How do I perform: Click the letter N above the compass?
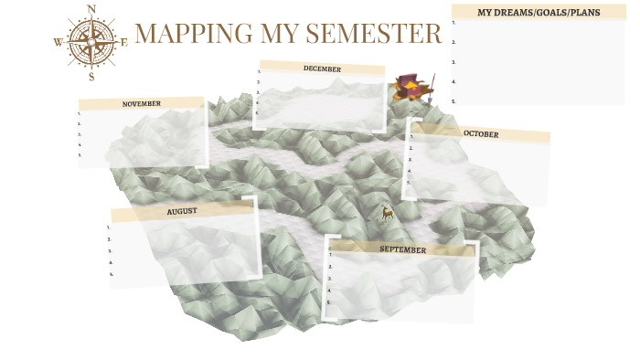pyautogui.click(x=91, y=10)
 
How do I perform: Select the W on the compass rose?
pyautogui.click(x=59, y=42)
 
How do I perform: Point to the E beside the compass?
pyautogui.click(x=123, y=42)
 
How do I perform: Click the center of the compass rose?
pyautogui.click(x=91, y=42)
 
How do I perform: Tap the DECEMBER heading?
pyautogui.click(x=322, y=69)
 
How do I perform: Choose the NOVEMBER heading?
pyautogui.click(x=142, y=104)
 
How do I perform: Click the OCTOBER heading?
pyautogui.click(x=481, y=134)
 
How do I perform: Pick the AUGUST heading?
pyautogui.click(x=182, y=211)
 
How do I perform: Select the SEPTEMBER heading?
pyautogui.click(x=402, y=249)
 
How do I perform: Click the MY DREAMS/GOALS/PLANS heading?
pyautogui.click(x=538, y=13)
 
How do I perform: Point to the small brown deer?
pyautogui.click(x=388, y=213)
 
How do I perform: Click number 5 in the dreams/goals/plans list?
pyautogui.click(x=453, y=101)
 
